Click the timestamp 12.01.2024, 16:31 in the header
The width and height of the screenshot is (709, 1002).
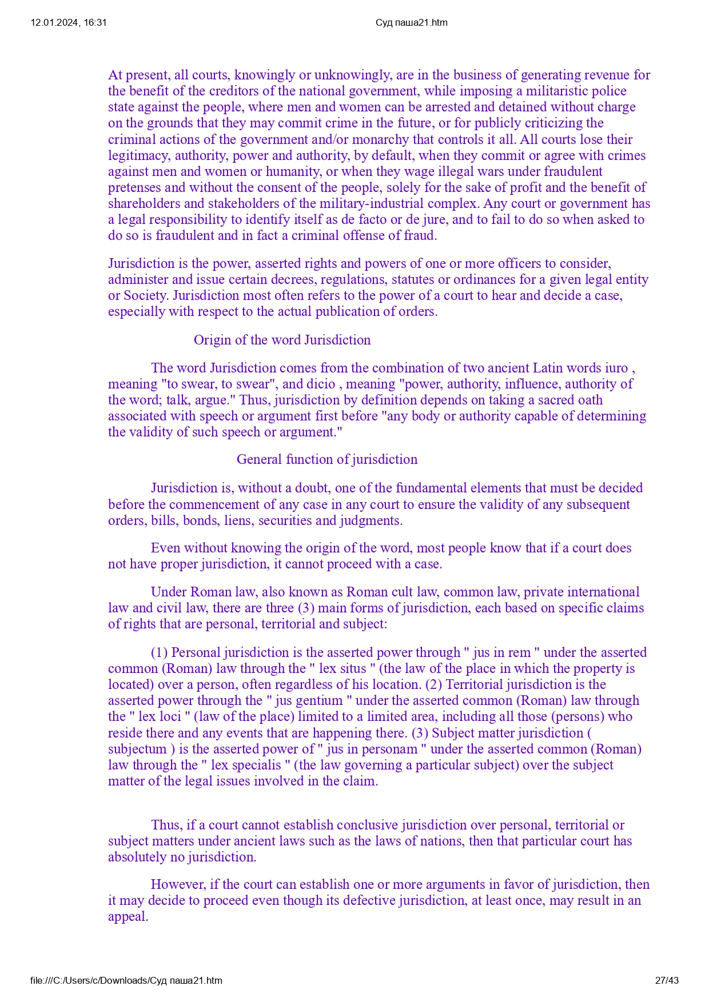click(x=69, y=23)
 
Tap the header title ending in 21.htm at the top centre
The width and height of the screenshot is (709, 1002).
click(x=411, y=23)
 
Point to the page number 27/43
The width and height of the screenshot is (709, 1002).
click(x=667, y=980)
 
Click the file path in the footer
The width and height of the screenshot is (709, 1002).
click(x=126, y=980)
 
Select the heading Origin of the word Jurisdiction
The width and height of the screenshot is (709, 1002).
click(x=282, y=340)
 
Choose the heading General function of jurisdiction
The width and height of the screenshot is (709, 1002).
click(x=327, y=459)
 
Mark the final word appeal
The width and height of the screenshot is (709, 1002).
click(x=128, y=916)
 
